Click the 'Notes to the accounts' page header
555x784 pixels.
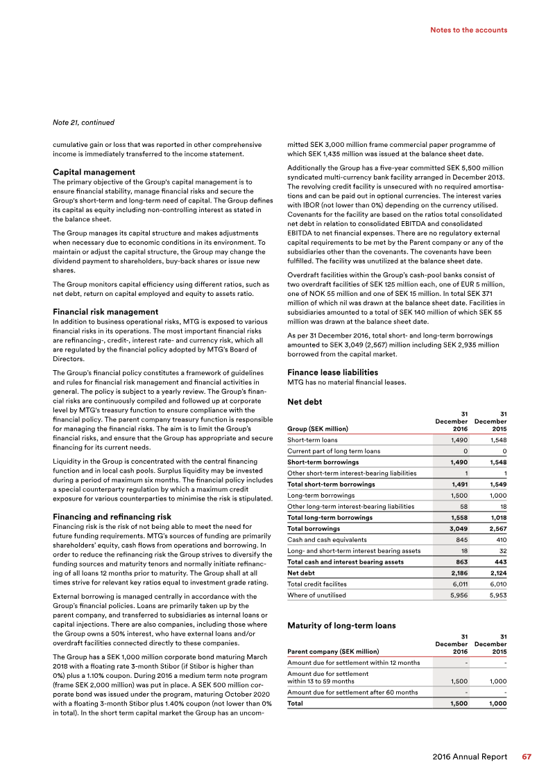tap(468, 30)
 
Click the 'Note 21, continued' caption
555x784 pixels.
tap(83, 123)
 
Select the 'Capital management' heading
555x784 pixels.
tap(94, 171)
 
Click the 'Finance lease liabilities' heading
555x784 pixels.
tap(332, 372)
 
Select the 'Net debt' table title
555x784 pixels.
tap(305, 401)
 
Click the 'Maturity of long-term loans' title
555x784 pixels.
tap(341, 625)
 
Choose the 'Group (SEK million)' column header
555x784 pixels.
tap(317, 428)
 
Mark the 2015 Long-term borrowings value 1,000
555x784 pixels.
tap(496, 495)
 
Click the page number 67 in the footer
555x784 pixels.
tap(527, 757)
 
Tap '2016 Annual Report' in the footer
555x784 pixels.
tap(470, 757)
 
